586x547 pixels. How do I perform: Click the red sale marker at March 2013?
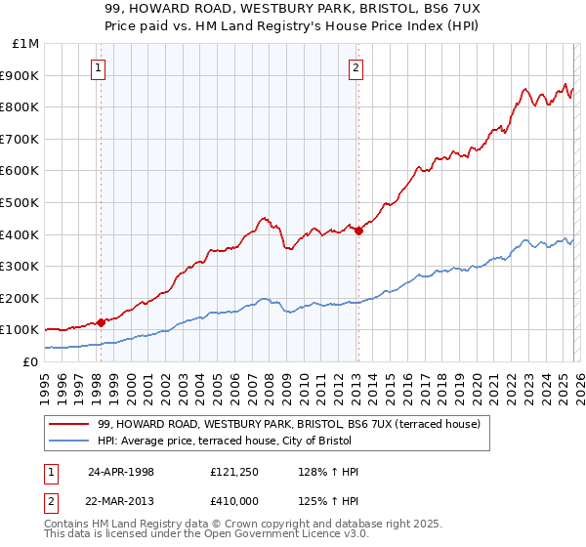(358, 231)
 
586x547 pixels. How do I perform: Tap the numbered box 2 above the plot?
(356, 67)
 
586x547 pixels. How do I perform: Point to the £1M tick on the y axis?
(26, 44)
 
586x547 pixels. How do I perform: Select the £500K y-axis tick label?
(21, 203)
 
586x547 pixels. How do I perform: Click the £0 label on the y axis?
(29, 361)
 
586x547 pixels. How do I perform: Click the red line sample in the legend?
(69, 425)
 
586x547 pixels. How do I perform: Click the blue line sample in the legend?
(69, 442)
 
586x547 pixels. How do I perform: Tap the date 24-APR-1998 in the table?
(120, 472)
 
